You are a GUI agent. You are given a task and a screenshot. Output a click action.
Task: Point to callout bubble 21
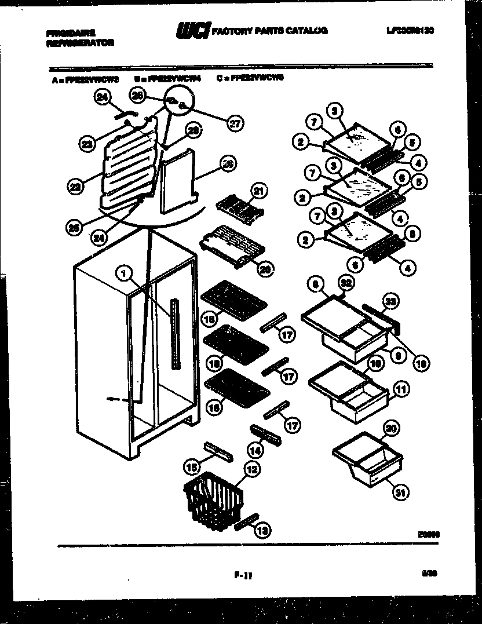tap(257, 190)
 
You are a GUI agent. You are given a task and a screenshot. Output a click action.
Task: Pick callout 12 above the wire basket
tap(250, 470)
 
